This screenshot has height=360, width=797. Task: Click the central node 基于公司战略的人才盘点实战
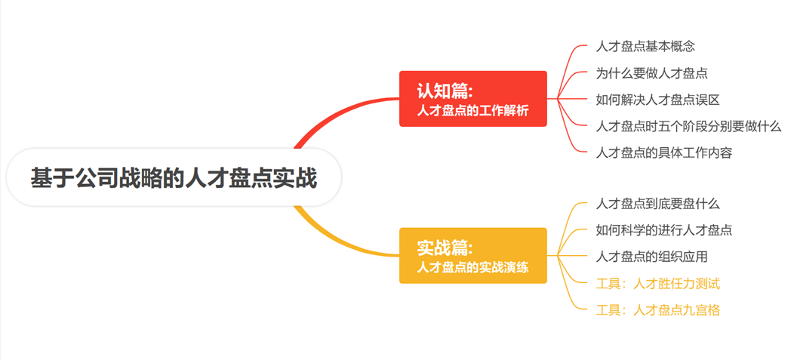174,177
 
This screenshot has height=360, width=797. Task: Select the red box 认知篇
472,99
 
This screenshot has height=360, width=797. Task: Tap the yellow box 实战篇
472,255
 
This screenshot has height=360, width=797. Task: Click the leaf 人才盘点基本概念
645,47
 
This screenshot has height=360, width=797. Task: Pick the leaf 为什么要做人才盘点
651,73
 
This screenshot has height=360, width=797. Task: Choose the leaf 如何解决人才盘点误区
657,100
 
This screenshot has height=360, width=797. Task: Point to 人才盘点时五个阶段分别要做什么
688,126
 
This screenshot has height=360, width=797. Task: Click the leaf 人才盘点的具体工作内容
664,152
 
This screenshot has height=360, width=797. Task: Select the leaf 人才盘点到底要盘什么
657,204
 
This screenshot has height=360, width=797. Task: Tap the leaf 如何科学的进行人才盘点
664,230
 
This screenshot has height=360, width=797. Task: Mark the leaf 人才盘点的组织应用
651,257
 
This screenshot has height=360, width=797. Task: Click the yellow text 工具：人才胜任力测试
657,284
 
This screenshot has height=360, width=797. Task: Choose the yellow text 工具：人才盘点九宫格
657,310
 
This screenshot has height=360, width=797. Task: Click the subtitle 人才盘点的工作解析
472,111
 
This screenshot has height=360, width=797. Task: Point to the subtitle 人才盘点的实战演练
472,267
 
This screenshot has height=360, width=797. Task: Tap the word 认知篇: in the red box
445,91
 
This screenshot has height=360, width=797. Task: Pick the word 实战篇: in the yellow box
445,248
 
